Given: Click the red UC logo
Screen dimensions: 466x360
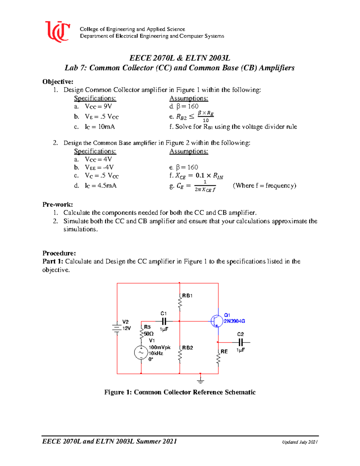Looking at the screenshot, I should point(58,32).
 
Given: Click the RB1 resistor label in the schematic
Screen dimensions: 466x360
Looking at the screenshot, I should point(187,296).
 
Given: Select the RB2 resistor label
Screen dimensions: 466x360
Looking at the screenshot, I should point(187,348).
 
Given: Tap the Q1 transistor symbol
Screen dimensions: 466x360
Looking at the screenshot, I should point(216,321).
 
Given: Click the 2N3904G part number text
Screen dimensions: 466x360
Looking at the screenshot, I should point(234,321).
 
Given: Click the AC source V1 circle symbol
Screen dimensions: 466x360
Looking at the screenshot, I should point(141,353).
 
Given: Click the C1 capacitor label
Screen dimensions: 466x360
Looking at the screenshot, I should point(163,313).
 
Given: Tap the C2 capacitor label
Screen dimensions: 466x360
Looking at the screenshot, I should point(240,334).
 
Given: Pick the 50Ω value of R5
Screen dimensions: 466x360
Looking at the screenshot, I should point(149,334).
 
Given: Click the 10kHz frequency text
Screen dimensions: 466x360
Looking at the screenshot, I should point(156,353).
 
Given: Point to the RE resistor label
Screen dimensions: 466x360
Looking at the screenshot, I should point(224,351).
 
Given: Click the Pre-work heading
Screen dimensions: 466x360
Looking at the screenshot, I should point(58,205).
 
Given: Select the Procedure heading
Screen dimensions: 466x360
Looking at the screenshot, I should point(59,253).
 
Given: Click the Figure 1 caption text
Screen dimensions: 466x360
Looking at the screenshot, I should point(180,392).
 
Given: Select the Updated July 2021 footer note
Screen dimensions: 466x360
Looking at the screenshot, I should point(299,442).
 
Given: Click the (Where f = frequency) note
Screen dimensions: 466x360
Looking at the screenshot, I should point(264,185).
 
